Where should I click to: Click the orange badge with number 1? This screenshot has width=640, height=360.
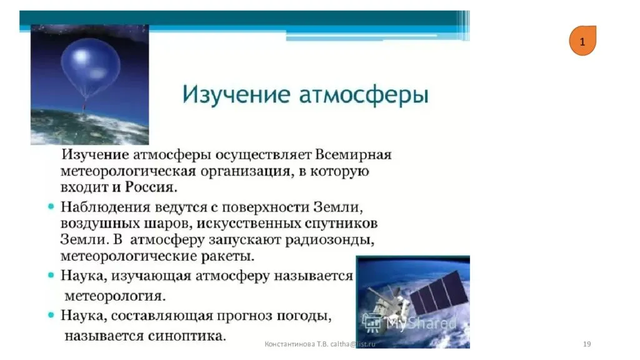pos(582,41)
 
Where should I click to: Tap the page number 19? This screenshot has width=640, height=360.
pos(587,344)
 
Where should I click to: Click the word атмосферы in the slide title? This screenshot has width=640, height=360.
pos(364,95)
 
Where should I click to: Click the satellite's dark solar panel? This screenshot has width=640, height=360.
pos(438,296)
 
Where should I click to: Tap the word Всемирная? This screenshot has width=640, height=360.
pos(354,155)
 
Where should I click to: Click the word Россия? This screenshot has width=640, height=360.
pos(151,187)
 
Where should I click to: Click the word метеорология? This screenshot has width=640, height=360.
pos(115,296)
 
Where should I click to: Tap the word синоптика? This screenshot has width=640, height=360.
pos(187,336)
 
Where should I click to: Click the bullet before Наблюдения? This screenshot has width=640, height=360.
pos(51,206)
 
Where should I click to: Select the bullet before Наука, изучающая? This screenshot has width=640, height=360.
pos(51,276)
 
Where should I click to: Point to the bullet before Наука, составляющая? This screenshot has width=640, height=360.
pos(51,315)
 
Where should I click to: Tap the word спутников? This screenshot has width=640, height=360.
pos(341,224)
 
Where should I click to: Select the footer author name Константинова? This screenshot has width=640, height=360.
pos(290,344)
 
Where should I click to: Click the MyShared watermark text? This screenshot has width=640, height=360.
pos(421,323)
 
